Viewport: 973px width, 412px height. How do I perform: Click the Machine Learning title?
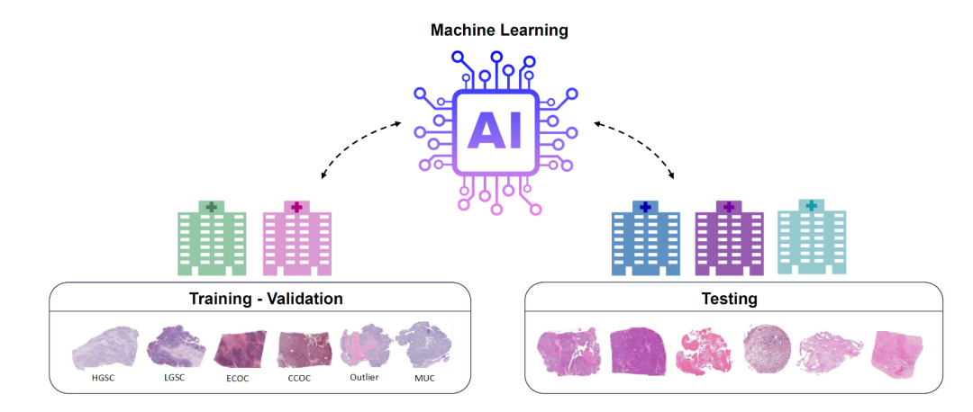pyautogui.click(x=499, y=31)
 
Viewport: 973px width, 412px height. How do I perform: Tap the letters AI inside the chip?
pyautogui.click(x=495, y=131)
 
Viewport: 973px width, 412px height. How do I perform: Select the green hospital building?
pyautogui.click(x=212, y=237)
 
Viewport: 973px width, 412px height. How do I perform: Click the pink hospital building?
pyautogui.click(x=296, y=237)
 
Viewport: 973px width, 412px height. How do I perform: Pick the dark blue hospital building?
pyautogui.click(x=645, y=237)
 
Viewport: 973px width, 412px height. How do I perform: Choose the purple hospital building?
pyautogui.click(x=729, y=237)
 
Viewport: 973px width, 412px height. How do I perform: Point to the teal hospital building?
pyautogui.click(x=812, y=237)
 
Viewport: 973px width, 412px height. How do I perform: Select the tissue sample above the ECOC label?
pyautogui.click(x=240, y=350)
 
